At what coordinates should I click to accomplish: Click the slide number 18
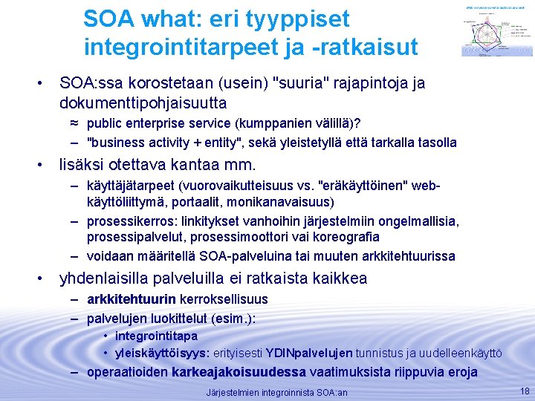point(525,391)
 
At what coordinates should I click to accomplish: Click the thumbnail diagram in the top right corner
point(496,29)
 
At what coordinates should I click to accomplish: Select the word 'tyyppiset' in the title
point(296,19)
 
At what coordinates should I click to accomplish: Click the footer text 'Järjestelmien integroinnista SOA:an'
point(276,392)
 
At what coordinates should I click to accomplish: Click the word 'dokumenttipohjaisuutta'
point(143,102)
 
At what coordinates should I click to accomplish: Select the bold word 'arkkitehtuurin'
point(131,299)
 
